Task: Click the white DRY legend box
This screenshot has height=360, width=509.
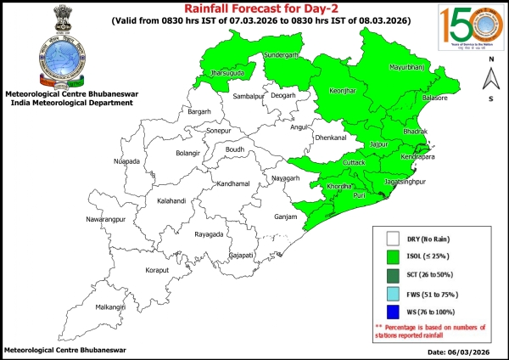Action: tap(393, 239)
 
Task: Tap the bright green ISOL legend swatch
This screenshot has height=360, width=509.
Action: tap(393, 255)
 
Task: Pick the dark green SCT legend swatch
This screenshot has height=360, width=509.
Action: tap(393, 273)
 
